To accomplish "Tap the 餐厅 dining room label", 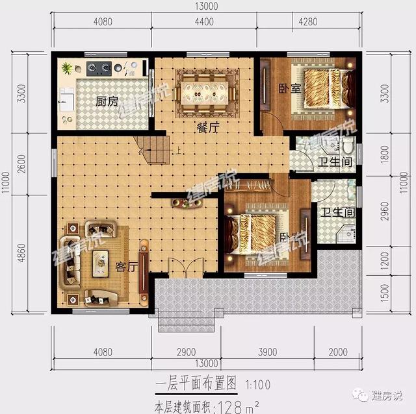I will (207, 128).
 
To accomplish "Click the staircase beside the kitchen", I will (155, 151).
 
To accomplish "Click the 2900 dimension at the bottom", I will (185, 352).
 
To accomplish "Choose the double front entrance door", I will (181, 268).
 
